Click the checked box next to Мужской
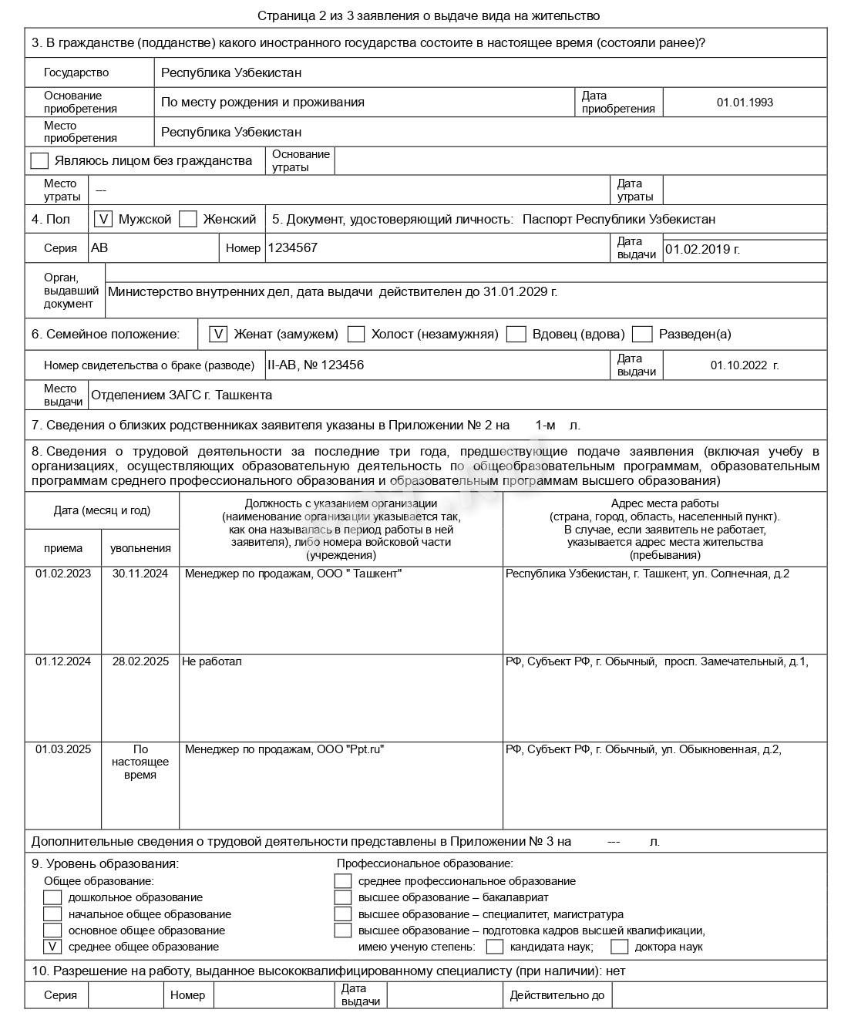pyautogui.click(x=103, y=219)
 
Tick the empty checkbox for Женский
pyautogui.click(x=188, y=219)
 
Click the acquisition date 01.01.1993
pyautogui.click(x=744, y=102)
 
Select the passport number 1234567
pyautogui.click(x=292, y=247)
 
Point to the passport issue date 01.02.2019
pyautogui.click(x=702, y=249)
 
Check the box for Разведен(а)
pyautogui.click(x=642, y=334)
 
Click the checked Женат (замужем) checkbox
pyautogui.click(x=219, y=334)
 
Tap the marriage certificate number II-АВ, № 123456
pyautogui.click(x=315, y=365)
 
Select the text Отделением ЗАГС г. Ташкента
pyautogui.click(x=181, y=395)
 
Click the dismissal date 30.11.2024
pyautogui.click(x=140, y=574)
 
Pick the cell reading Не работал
pyautogui.click(x=212, y=661)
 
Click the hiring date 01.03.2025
pyautogui.click(x=63, y=749)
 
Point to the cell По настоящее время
pyautogui.click(x=140, y=762)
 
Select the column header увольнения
pyautogui.click(x=140, y=548)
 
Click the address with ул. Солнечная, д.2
pyautogui.click(x=647, y=574)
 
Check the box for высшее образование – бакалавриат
pyautogui.click(x=343, y=897)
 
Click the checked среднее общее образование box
pyautogui.click(x=52, y=947)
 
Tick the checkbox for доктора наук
pyautogui.click(x=620, y=947)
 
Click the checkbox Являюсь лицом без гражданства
pyautogui.click(x=39, y=160)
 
